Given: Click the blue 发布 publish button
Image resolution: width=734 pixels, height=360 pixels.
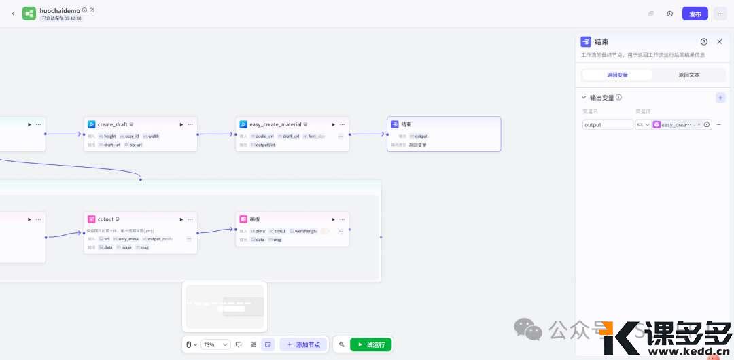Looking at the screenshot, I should point(695,14).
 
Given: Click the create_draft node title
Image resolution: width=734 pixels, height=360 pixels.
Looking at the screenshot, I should point(112,124).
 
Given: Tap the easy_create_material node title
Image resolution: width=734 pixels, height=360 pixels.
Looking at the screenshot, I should point(275,124).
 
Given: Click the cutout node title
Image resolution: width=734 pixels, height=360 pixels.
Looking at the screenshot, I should point(106,219).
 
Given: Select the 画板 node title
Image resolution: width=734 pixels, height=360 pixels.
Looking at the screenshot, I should point(256,219).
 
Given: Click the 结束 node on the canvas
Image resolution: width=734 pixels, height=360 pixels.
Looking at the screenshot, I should point(444,133).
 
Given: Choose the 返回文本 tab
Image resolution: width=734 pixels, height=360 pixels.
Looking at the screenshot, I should point(688,75).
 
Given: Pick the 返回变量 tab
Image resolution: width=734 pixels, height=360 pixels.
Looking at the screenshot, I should point(617,75).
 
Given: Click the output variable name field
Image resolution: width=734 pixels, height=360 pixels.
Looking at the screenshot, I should point(608,125).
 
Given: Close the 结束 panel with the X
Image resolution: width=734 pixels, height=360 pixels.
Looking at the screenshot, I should point(720,42).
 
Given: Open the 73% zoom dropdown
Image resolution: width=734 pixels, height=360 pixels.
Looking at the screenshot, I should point(215,344).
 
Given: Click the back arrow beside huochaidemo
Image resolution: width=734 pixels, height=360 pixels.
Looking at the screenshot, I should point(13,14).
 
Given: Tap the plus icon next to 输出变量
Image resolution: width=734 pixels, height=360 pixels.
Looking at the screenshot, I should point(720,98).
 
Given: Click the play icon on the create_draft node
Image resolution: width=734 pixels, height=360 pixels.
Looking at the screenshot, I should point(181,124).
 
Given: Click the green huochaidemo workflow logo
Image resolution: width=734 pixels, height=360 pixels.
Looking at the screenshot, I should point(29,14).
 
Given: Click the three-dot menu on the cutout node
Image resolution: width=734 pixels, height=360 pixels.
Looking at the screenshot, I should point(190,219).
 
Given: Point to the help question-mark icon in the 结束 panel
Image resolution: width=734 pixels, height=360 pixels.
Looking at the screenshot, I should point(703,42).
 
